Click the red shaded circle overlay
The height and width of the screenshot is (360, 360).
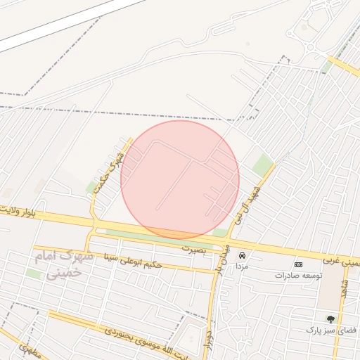point(180,179)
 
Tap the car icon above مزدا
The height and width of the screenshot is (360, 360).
point(242,255)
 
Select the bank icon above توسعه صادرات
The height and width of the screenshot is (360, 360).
point(298,264)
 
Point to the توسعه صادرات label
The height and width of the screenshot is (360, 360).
point(298,276)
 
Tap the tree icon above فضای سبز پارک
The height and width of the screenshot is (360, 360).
point(330,319)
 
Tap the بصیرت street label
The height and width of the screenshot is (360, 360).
point(196,248)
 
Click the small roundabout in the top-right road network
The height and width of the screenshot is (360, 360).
point(309,48)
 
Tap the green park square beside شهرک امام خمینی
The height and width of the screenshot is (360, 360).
point(33,274)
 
